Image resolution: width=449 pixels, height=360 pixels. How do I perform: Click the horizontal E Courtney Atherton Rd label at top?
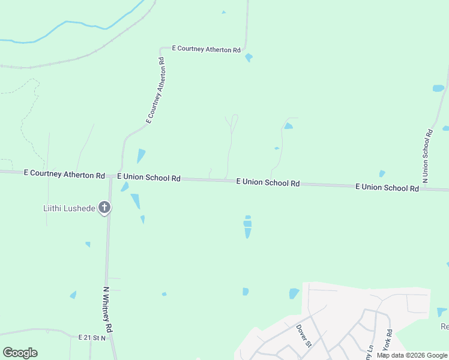tap(206, 49)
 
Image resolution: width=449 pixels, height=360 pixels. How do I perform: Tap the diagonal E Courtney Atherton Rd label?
tap(155, 91)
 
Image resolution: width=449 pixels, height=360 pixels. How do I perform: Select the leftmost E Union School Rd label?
tap(149, 178)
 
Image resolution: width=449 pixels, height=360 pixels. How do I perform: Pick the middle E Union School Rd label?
tap(268, 182)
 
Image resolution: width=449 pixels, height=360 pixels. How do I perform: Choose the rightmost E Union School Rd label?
tap(387, 187)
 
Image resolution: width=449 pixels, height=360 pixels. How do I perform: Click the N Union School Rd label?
tap(428, 155)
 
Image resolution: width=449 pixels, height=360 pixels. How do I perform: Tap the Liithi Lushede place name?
tap(69, 208)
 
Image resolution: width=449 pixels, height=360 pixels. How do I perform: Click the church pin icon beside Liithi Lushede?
tap(104, 208)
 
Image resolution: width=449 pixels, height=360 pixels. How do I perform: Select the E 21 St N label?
tap(91, 338)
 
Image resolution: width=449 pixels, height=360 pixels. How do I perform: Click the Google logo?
tap(20, 353)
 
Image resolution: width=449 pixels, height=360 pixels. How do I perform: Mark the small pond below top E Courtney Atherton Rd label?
tap(249, 58)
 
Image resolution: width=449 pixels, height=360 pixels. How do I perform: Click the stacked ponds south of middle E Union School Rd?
tap(247, 226)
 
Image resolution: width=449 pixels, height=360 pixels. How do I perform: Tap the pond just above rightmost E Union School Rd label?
tap(382, 174)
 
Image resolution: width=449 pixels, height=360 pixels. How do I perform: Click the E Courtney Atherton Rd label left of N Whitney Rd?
tap(64, 175)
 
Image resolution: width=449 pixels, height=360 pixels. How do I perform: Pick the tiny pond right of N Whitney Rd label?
tap(164, 294)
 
